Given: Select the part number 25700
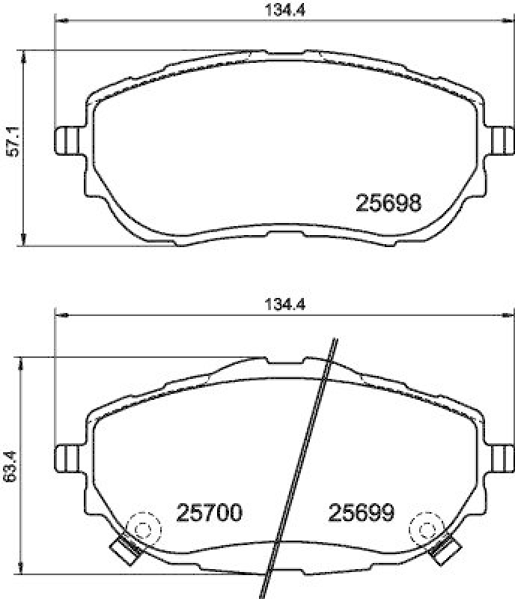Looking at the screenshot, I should coord(209,513).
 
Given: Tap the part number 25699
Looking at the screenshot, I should coord(362,513).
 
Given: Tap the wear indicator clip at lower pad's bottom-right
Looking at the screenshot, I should coord(446,550).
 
